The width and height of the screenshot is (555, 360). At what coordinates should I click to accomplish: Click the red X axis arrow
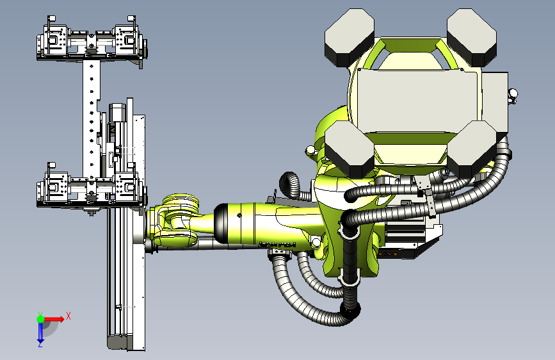coord(53,319)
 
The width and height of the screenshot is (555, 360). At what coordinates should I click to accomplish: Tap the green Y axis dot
coord(40,319)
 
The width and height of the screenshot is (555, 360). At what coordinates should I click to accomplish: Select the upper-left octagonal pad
coord(350,37)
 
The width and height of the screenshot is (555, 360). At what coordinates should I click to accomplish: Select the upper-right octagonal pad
coord(472,37)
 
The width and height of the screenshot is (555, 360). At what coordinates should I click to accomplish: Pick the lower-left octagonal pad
coord(350,149)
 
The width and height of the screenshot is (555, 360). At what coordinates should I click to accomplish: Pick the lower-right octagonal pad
coord(472,149)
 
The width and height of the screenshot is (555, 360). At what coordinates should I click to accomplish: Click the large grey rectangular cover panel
coord(417,101)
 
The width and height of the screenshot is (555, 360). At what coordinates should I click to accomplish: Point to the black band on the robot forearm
coord(221,223)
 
